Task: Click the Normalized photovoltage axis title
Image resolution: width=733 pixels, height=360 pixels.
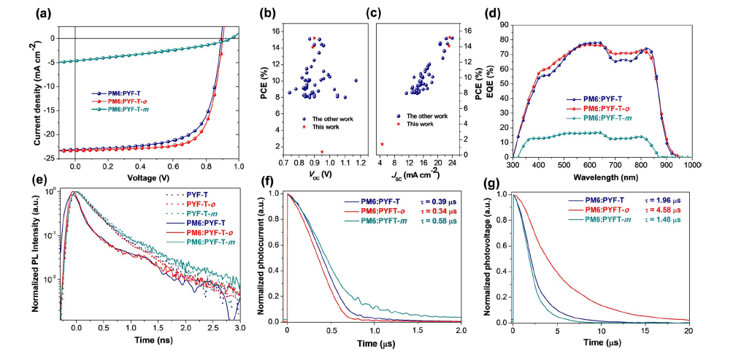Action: pos(494,257)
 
